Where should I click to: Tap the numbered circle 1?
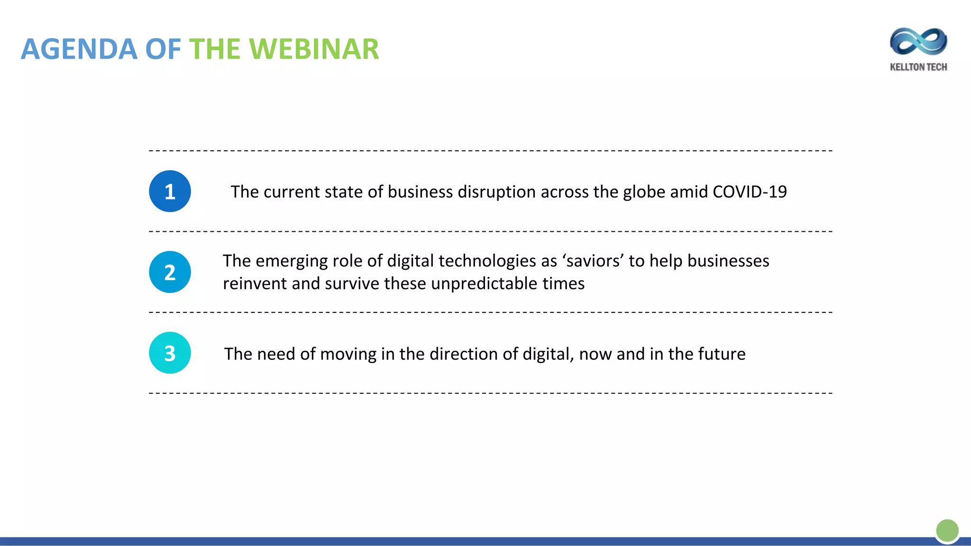(170, 191)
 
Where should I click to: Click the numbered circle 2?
(170, 272)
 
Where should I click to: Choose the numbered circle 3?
(170, 353)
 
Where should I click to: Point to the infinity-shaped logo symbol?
(918, 42)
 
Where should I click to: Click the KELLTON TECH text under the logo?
(918, 67)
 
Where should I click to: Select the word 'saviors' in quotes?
(593, 261)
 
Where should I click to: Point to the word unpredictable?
(484, 284)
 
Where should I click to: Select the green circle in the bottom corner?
(947, 530)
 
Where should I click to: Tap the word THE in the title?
(215, 49)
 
